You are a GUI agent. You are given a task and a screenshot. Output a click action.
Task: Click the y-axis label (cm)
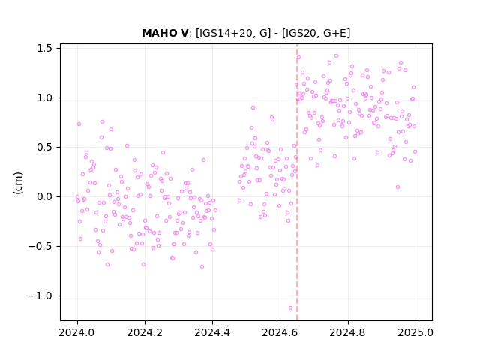(x=18, y=183)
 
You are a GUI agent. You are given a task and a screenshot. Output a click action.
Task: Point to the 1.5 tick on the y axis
(x=44, y=48)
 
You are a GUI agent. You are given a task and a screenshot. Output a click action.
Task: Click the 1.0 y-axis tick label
(x=44, y=98)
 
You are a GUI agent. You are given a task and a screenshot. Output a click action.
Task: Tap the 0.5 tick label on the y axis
(x=44, y=147)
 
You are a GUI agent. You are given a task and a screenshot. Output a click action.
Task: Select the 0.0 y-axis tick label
(x=44, y=196)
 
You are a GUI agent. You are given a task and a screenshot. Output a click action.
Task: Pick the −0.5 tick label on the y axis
(x=40, y=247)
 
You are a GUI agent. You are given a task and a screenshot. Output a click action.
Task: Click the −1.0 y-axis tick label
(x=40, y=295)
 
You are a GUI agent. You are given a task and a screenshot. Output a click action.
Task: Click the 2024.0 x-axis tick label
(x=77, y=332)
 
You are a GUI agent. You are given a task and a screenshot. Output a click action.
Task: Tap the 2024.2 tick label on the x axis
(x=145, y=332)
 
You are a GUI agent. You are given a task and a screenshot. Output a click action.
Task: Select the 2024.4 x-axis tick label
(x=212, y=332)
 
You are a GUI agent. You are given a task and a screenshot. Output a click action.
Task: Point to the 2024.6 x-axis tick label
(x=280, y=332)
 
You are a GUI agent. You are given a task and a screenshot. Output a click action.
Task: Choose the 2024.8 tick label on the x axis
(x=347, y=332)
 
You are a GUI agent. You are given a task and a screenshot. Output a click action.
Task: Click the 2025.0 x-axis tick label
(x=415, y=332)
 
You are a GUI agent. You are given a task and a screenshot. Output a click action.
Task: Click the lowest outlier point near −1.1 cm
(x=290, y=308)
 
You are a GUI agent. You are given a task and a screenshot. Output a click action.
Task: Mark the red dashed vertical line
(x=297, y=182)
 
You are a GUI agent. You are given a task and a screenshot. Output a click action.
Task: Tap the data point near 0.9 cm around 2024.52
(x=253, y=108)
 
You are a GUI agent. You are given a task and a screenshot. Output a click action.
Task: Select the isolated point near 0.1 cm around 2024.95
(x=397, y=187)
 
